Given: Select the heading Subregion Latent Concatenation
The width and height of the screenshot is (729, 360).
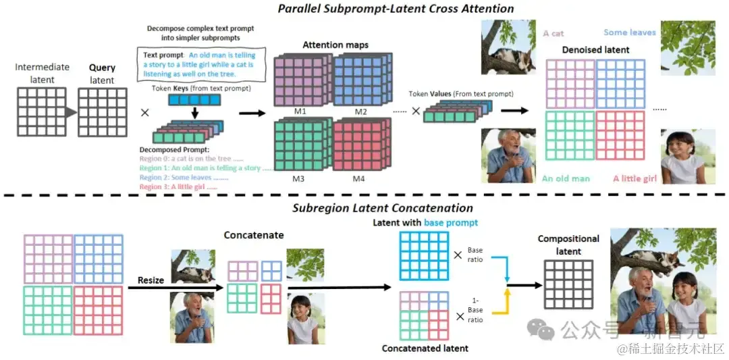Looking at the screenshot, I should click(x=383, y=208).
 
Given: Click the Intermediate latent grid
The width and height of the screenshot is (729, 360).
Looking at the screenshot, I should click(x=42, y=112).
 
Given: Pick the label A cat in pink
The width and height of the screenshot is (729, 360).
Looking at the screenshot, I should click(x=553, y=33).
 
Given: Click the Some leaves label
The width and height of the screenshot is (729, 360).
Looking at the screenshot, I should click(x=630, y=32).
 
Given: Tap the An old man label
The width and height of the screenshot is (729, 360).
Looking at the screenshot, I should click(x=566, y=178).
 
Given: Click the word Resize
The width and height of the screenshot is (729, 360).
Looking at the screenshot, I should click(x=151, y=279).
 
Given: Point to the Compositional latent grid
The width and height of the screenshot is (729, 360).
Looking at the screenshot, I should click(x=568, y=284).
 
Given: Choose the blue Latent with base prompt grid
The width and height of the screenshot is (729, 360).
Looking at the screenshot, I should click(x=424, y=256).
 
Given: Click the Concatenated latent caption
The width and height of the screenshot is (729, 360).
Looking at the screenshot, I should click(x=425, y=348).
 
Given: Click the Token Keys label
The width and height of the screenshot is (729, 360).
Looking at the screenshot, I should click(x=195, y=88).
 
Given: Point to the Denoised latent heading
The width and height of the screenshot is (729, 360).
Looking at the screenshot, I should click(x=595, y=49).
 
